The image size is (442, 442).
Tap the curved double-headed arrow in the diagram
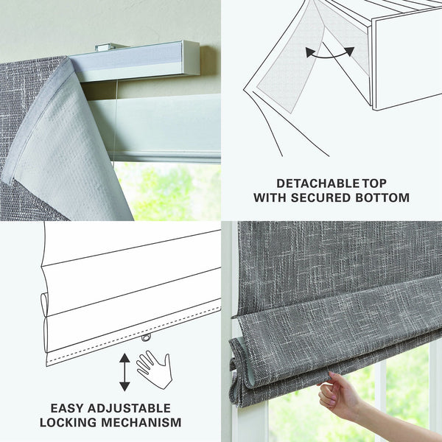(330, 53)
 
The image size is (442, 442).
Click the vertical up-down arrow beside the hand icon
(124, 372)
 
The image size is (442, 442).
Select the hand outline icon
(154, 368)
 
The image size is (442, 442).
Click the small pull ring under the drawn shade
(147, 338)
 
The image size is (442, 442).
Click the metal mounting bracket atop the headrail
(110, 47)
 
